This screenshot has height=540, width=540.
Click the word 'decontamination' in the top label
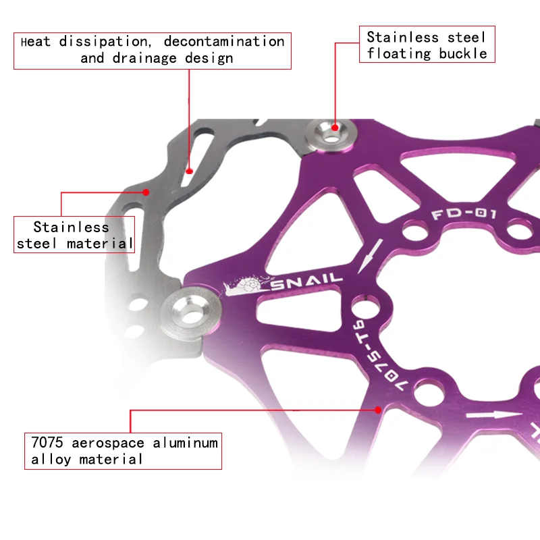224,41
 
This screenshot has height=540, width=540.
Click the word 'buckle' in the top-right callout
463,53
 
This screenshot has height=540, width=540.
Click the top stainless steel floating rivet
331,134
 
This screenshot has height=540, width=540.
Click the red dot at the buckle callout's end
335,126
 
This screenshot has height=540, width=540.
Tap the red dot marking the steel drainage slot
190,171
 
